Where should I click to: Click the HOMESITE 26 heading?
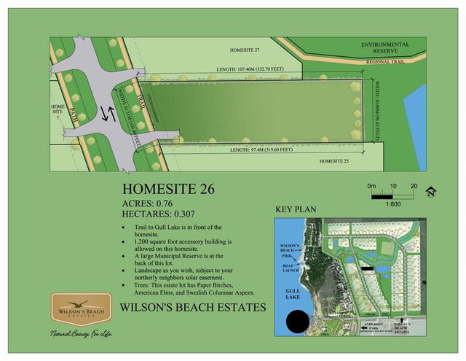[167, 190]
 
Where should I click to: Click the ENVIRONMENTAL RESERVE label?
[385, 49]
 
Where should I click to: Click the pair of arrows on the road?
[108, 114]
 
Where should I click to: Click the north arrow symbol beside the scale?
[431, 192]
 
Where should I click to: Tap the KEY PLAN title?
[295, 210]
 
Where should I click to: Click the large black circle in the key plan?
[298, 321]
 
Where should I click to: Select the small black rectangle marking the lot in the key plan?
[367, 269]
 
